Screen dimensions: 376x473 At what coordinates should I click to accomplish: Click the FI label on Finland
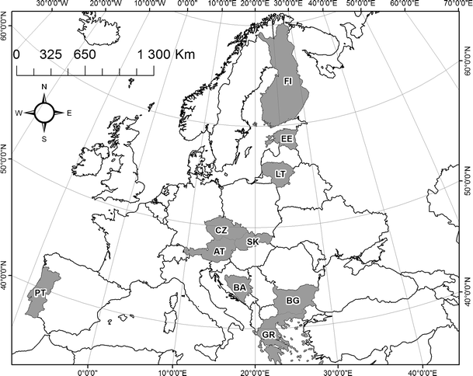coord(287,81)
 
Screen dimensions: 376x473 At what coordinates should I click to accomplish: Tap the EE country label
coord(287,139)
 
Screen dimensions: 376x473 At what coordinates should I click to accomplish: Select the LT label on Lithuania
coord(280,175)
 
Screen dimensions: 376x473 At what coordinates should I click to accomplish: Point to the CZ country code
coord(221,231)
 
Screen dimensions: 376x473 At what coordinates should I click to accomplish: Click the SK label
coord(252,242)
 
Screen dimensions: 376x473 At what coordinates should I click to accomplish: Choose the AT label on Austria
coord(219,252)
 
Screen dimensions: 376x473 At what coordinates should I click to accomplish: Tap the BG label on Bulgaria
coord(293,300)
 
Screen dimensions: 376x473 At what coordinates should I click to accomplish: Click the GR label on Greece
coord(269,336)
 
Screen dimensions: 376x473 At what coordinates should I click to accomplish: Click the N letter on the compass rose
coord(44,86)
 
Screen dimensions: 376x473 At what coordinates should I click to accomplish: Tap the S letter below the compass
coord(44,139)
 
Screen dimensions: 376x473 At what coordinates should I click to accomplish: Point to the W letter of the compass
coord(19,113)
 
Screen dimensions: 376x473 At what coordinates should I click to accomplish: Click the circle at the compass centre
coord(44,113)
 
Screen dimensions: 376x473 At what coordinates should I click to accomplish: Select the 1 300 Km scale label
coord(162,55)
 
